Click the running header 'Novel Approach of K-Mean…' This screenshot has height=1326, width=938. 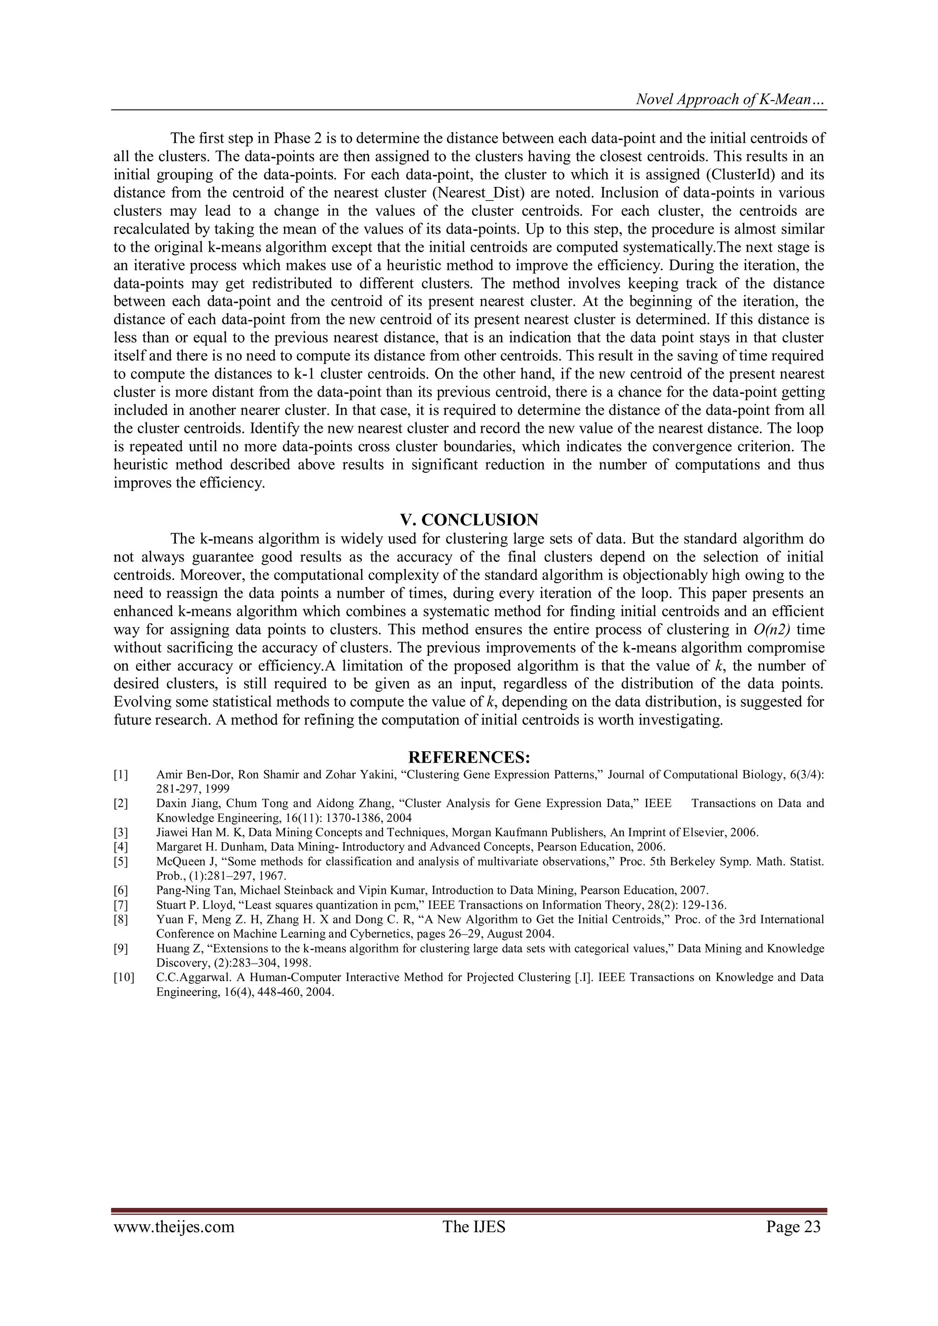point(730,100)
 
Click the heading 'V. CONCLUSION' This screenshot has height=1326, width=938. point(469,520)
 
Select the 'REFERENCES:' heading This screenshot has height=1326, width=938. point(469,757)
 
